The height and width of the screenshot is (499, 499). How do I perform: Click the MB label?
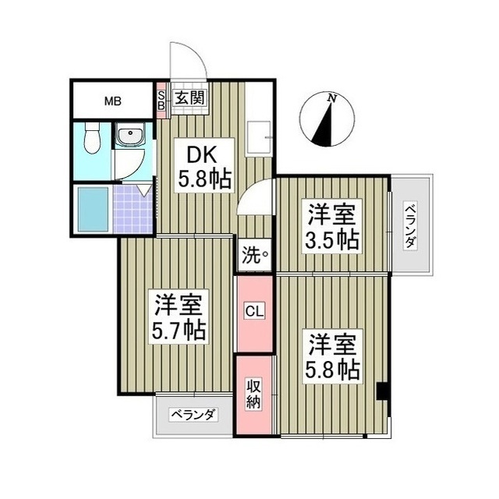(112, 100)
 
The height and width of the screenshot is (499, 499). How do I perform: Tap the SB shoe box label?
(162, 99)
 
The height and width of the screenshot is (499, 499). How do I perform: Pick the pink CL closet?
(256, 311)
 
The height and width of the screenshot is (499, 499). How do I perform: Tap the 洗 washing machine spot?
(255, 254)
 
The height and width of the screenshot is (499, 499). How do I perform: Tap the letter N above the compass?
(333, 97)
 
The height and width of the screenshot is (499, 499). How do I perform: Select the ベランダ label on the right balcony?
(409, 226)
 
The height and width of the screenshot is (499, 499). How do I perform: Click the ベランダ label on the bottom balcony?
(193, 414)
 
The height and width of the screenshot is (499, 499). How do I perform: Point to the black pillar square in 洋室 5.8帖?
(381, 391)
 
